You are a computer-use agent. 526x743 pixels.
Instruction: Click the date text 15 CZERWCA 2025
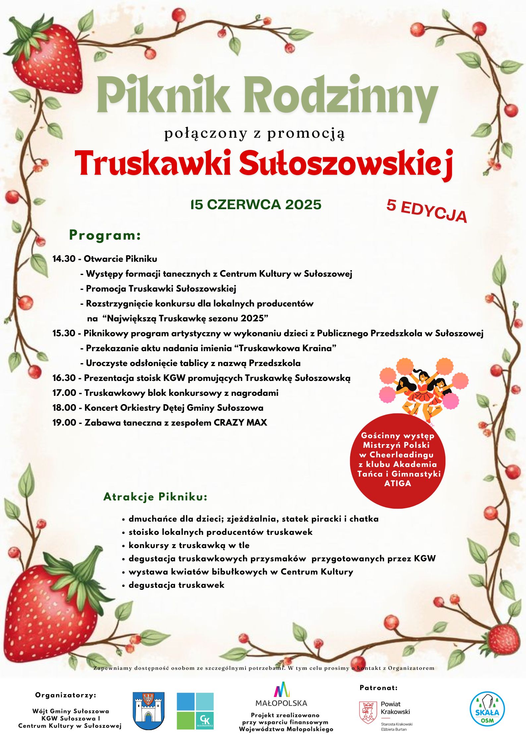coord(256,205)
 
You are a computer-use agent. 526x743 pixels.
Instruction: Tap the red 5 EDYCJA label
coord(427,211)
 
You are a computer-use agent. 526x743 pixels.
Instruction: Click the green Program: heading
coord(105,235)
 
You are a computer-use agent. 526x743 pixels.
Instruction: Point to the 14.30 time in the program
coord(64,259)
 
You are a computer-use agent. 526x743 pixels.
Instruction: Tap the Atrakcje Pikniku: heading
coord(155,497)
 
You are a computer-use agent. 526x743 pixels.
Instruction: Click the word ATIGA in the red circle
coord(397,484)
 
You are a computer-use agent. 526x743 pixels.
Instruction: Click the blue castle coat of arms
coord(148,711)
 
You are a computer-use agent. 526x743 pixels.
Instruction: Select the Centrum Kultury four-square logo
coord(195,711)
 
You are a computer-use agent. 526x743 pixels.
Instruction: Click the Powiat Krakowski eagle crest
coord(368,712)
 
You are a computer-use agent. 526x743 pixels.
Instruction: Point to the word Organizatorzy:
coord(66,695)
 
